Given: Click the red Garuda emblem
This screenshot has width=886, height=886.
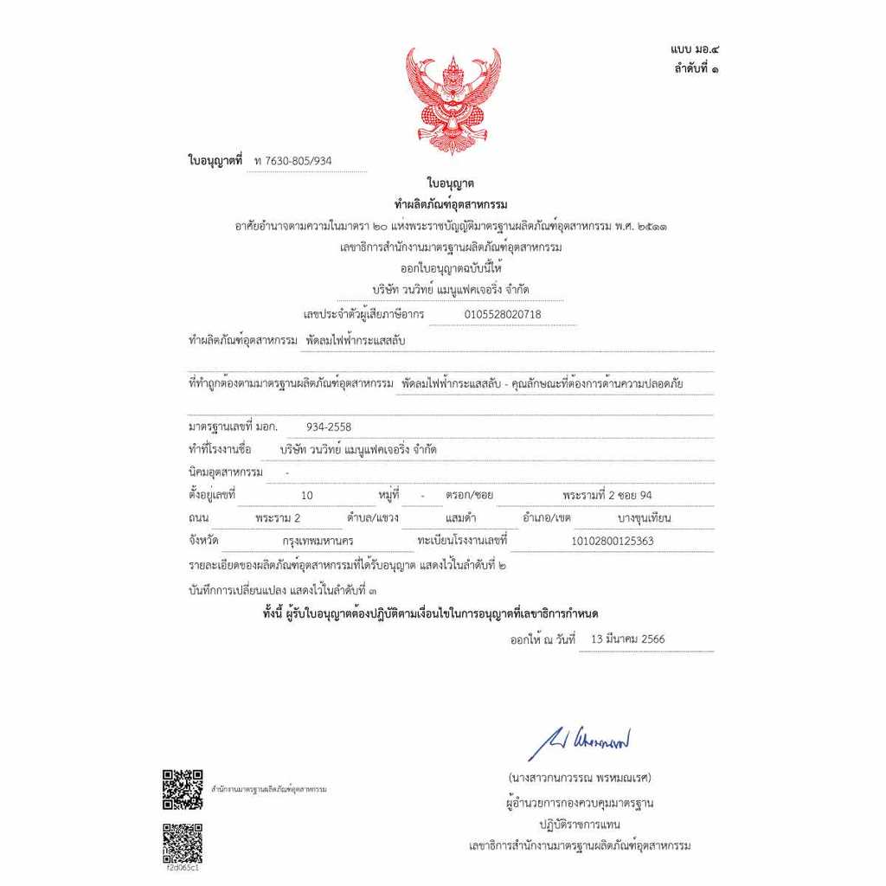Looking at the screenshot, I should coord(453,100).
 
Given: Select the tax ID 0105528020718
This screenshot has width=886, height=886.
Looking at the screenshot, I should coord(503,314).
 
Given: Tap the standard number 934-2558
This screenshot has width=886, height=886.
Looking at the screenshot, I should coord(329,427).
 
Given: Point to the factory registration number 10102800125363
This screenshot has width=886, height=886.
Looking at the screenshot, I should coord(613,541).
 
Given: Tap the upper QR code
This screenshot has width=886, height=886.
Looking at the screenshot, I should coord(183,788).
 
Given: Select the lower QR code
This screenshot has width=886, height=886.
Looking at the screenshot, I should coord(183,842).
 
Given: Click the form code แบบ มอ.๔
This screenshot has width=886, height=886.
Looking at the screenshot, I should coord(693,51).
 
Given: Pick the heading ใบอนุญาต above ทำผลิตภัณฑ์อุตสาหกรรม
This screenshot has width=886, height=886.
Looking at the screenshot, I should coord(450,183).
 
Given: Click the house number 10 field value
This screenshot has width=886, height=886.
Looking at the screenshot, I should coord(307,496).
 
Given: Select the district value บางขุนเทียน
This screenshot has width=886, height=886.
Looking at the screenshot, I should coord(645,518).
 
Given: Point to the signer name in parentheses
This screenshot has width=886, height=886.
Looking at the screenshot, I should coord(579,777).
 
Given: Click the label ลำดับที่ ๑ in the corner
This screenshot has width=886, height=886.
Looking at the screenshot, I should coord(695,68).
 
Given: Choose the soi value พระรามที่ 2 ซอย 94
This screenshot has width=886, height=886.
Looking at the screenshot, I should coord(607,496).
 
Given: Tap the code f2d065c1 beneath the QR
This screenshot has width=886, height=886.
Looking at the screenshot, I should coord(183,868).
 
